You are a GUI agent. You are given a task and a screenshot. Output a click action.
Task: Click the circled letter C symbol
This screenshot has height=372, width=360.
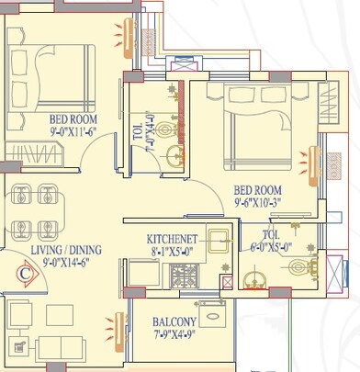(28, 272)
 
